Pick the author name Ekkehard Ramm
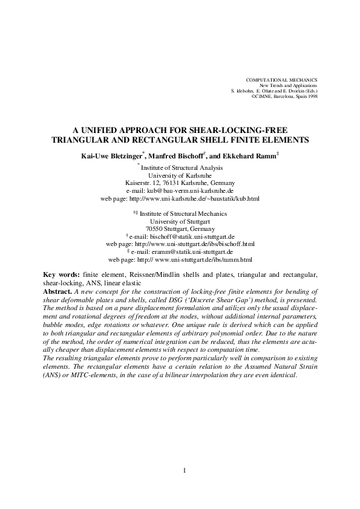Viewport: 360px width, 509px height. click(248, 155)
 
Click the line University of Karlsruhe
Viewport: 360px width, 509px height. click(180, 174)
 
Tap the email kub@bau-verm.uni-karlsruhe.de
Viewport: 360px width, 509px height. click(187, 190)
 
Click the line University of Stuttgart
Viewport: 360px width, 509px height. click(180, 221)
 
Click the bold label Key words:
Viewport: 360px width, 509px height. click(62, 274)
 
